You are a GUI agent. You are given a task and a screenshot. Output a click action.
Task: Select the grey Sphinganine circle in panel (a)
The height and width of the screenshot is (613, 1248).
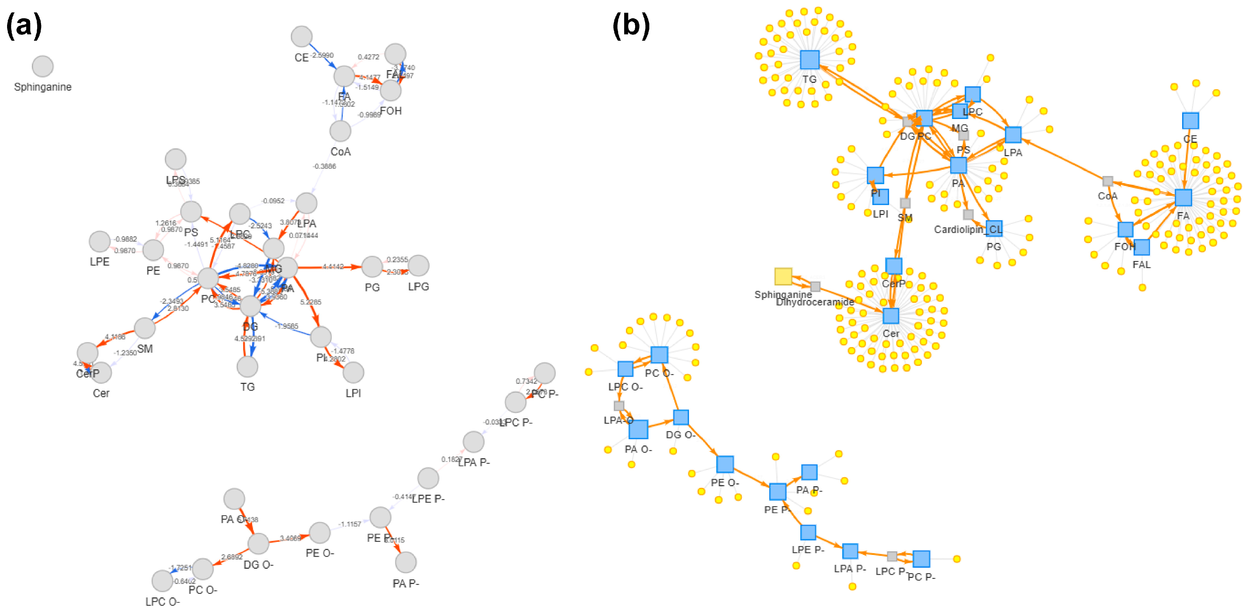tap(42, 66)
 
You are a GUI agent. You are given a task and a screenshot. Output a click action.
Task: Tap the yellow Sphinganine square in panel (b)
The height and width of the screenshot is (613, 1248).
tap(783, 276)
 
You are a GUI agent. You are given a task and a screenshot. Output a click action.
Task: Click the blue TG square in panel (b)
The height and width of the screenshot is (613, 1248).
tap(810, 59)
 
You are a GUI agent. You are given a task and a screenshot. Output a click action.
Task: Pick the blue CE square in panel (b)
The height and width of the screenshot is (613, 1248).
tap(1190, 121)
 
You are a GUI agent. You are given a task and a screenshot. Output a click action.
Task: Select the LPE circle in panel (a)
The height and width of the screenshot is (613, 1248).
tap(100, 241)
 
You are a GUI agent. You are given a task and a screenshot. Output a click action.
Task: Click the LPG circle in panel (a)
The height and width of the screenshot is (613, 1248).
tap(418, 266)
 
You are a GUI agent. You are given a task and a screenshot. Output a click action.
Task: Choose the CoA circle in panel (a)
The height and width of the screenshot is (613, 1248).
tap(341, 131)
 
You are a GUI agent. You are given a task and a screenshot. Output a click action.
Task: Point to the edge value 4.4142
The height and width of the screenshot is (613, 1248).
tap(333, 267)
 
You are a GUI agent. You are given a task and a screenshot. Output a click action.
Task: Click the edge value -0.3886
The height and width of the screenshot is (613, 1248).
tap(324, 166)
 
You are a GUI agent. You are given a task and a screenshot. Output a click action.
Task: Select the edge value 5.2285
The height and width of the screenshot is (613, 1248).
tap(310, 302)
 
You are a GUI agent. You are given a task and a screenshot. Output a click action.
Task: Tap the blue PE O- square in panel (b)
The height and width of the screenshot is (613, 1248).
tap(725, 464)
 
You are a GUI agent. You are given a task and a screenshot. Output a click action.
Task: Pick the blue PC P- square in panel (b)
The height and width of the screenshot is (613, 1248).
tap(921, 559)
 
